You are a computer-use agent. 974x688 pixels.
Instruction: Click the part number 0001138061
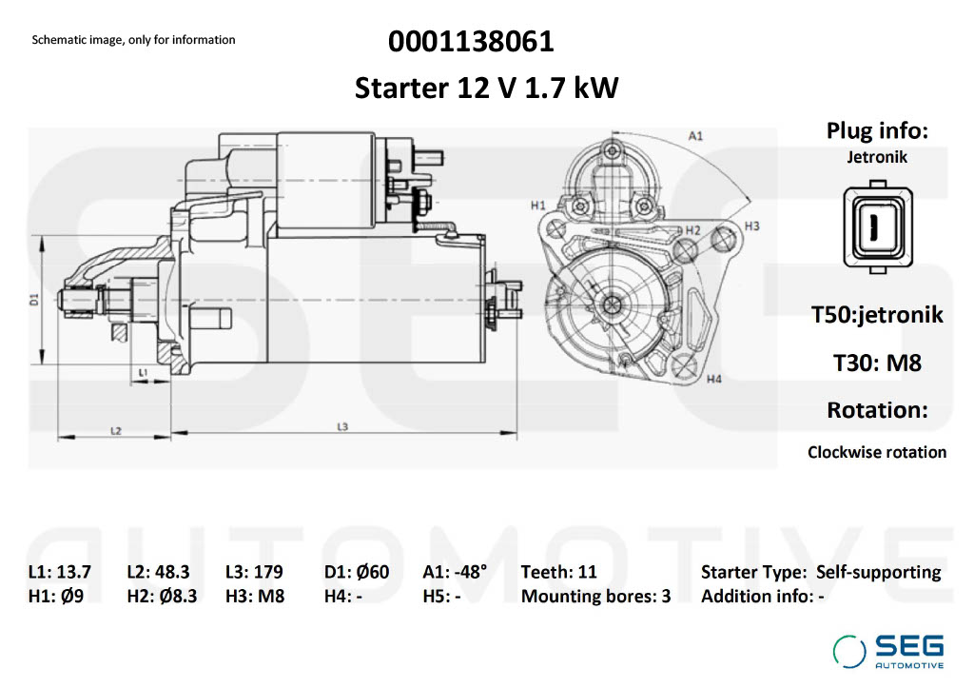pyautogui.click(x=471, y=42)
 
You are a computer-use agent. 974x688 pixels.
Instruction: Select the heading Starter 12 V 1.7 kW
pyautogui.click(x=486, y=88)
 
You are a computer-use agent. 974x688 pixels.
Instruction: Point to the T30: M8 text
pyautogui.click(x=876, y=363)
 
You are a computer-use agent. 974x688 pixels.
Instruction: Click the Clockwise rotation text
pyautogui.click(x=876, y=452)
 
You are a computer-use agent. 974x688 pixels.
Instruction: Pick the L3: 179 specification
pyautogui.click(x=255, y=572)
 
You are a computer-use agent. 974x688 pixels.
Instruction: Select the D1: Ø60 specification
pyautogui.click(x=357, y=572)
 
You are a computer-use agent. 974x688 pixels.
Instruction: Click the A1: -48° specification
pyautogui.click(x=455, y=572)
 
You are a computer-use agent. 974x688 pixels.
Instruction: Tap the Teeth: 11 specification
pyautogui.click(x=559, y=572)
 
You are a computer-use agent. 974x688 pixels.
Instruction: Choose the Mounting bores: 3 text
pyautogui.click(x=595, y=597)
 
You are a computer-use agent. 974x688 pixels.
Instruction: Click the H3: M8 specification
pyautogui.click(x=255, y=597)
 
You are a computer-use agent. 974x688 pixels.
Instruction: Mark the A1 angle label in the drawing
pyautogui.click(x=695, y=136)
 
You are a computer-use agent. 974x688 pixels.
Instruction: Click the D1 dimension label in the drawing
pyautogui.click(x=33, y=299)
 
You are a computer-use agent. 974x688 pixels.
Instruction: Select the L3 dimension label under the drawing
pyautogui.click(x=342, y=426)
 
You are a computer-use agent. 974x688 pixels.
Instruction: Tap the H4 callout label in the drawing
pyautogui.click(x=713, y=380)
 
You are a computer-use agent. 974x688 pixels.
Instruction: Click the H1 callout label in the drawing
pyautogui.click(x=537, y=205)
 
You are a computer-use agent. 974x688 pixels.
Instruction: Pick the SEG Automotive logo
pyautogui.click(x=888, y=650)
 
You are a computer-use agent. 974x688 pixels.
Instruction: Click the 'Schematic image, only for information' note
pyautogui.click(x=133, y=40)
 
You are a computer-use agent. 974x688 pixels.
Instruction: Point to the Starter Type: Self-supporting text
pyautogui.click(x=820, y=572)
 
